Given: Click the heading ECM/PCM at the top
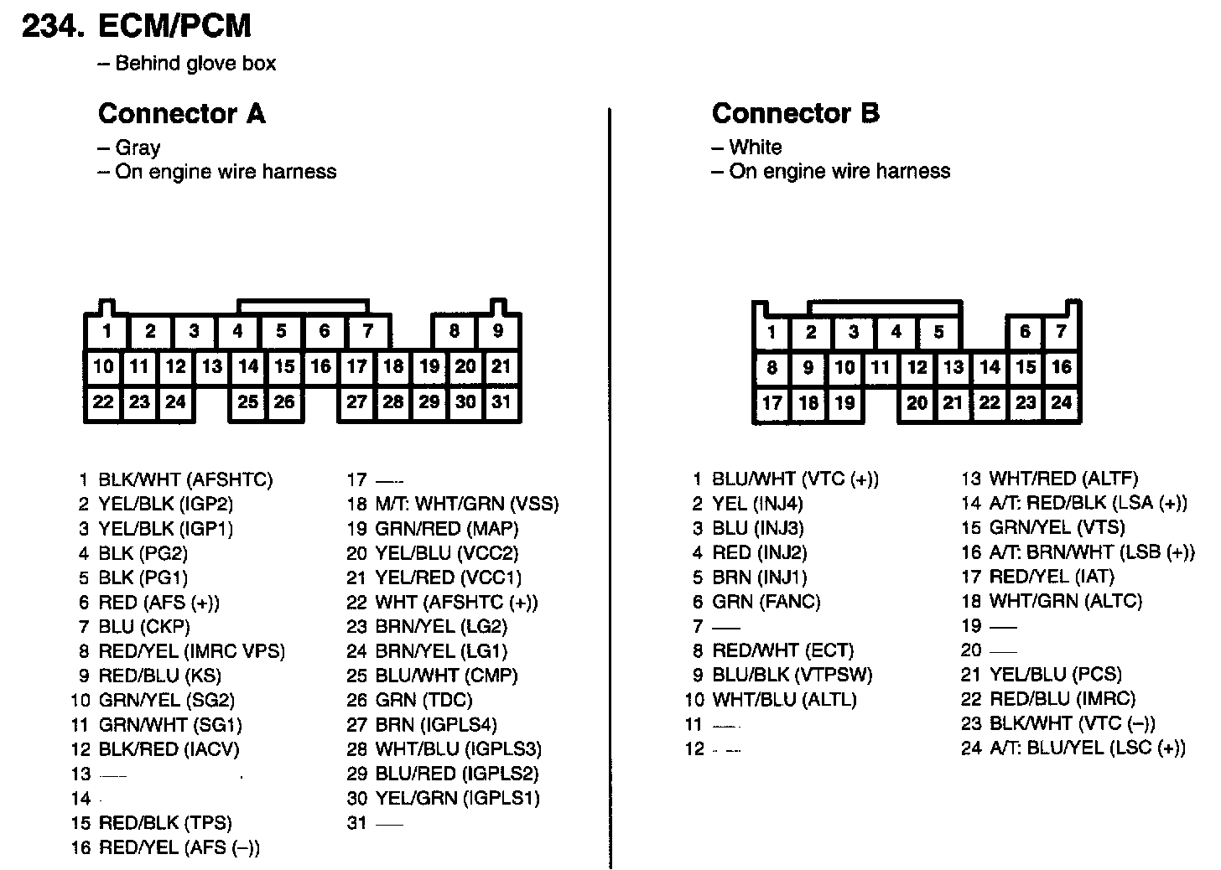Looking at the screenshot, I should point(174,26).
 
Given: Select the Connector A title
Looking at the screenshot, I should point(182,113).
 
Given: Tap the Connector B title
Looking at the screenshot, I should point(795,113).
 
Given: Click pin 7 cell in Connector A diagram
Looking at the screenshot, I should point(367,331).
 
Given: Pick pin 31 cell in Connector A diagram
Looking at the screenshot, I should point(501,401).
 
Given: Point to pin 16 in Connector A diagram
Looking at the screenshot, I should point(321,366).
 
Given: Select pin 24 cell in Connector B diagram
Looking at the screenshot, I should point(1062,402).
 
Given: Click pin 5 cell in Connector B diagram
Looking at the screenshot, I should point(939,332).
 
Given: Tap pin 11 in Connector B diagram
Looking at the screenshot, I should point(880,367).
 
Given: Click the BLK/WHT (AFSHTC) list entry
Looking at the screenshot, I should point(185,480).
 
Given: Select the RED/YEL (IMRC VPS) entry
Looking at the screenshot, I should point(191,651).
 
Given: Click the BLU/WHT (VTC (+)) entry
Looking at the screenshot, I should point(795,479).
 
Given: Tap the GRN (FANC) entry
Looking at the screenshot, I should point(766,602).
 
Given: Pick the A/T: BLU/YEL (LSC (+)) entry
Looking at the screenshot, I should point(1087,748).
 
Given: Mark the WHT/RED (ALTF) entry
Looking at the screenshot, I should point(1063,479).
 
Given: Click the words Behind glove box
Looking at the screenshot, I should point(195,64).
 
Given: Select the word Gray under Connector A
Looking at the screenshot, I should point(138,148).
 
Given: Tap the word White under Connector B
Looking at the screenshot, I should point(755,148).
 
